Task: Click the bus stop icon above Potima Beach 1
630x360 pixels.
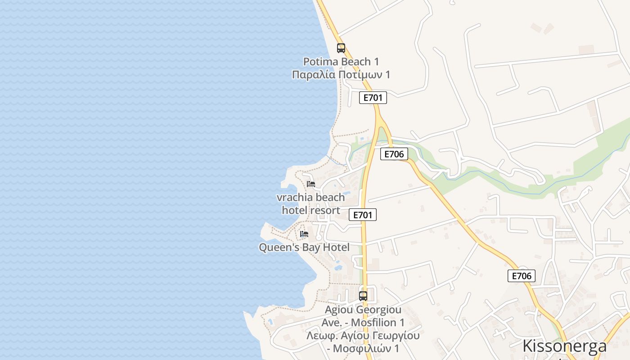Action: pyautogui.click(x=341, y=48)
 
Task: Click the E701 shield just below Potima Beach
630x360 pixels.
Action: pyautogui.click(x=373, y=98)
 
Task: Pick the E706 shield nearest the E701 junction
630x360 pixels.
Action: pyautogui.click(x=394, y=154)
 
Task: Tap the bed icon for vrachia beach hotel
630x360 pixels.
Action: pyautogui.click(x=310, y=184)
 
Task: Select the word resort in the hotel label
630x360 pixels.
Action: pyautogui.click(x=324, y=210)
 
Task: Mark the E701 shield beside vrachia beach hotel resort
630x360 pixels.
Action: pyautogui.click(x=363, y=215)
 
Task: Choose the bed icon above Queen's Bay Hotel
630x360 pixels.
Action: pyautogui.click(x=304, y=234)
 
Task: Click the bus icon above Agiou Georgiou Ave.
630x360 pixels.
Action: pyautogui.click(x=363, y=296)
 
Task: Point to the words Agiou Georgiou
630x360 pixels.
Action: pyautogui.click(x=363, y=310)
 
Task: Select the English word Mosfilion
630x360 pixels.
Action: pyautogui.click(x=373, y=323)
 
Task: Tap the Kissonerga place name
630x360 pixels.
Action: pyautogui.click(x=564, y=346)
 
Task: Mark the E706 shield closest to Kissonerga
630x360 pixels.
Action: pyautogui.click(x=522, y=276)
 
